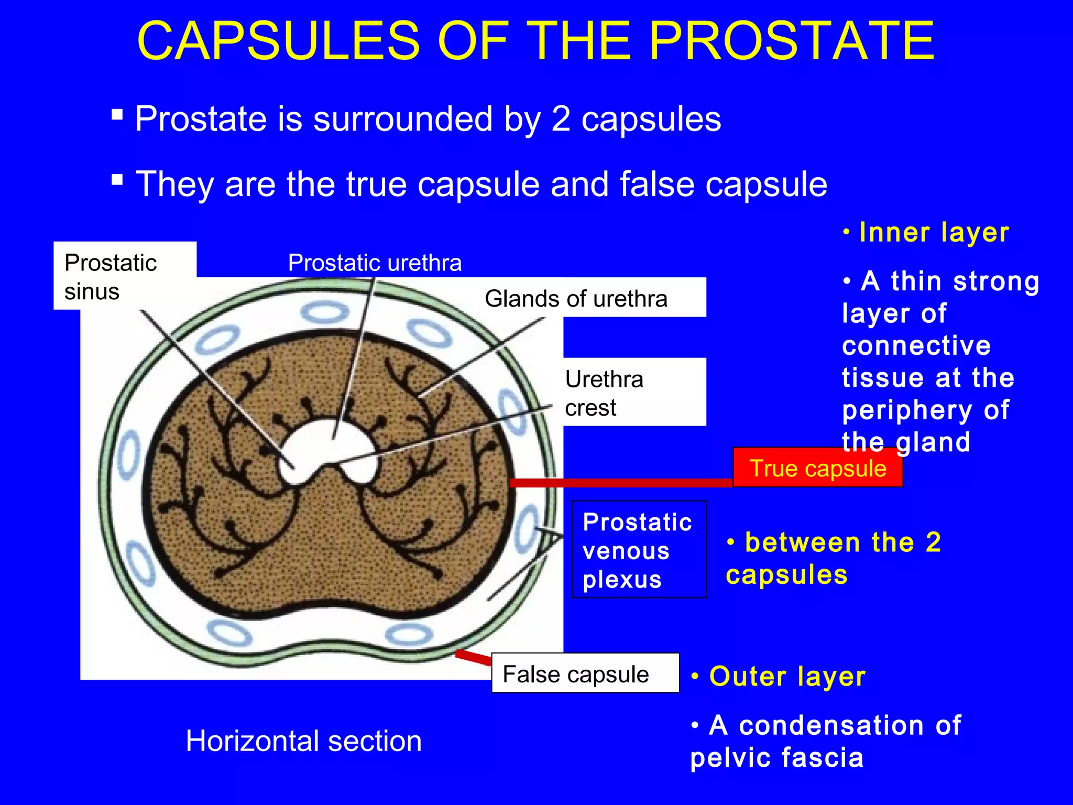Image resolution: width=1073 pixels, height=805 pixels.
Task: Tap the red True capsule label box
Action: [x=817, y=468]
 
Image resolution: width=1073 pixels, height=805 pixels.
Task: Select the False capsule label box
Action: [x=585, y=673]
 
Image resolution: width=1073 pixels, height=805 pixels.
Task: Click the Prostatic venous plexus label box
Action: [x=639, y=550]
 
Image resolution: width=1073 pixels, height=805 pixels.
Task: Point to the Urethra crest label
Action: [x=604, y=393]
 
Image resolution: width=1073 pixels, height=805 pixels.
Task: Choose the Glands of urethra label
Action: [x=576, y=299]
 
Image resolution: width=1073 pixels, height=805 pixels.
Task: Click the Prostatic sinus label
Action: [x=111, y=276]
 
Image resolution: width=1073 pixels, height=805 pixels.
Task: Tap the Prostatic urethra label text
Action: [x=375, y=263]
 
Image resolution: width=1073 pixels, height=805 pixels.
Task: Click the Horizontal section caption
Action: [x=303, y=741]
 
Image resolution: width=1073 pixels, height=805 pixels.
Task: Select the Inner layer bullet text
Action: [x=933, y=232]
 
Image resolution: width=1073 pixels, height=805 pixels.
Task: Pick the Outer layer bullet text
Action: [x=786, y=676]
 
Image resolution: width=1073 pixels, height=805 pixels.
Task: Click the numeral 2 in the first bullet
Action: [x=561, y=119]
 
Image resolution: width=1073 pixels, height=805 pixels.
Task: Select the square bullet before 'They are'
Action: [x=117, y=180]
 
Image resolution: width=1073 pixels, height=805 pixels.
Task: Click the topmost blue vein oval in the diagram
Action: [x=325, y=313]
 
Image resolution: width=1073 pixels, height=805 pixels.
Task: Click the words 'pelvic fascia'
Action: [x=776, y=758]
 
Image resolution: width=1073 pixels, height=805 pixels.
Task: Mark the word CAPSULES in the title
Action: [x=278, y=41]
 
